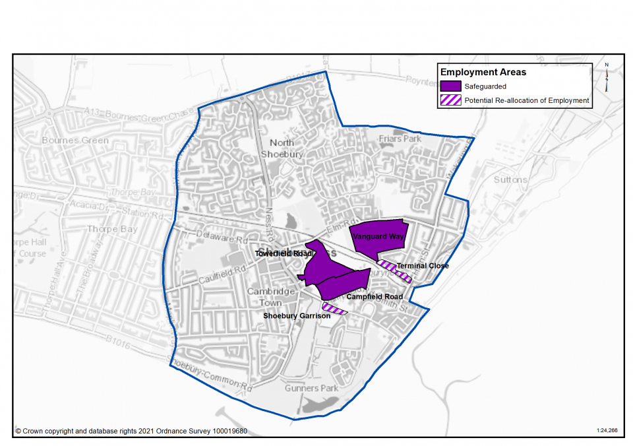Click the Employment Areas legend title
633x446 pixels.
tap(483, 72)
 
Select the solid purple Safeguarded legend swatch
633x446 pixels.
tap(450, 86)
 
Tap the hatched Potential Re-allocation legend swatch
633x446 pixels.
tap(450, 100)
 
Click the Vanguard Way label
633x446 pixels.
tap(377, 236)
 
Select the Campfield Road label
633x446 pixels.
tap(375, 297)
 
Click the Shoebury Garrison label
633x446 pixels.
tap(297, 316)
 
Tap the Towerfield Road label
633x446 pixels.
tap(284, 253)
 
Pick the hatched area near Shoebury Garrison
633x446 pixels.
tap(334, 308)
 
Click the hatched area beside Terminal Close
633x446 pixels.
tap(394, 271)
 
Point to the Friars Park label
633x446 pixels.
tap(400, 139)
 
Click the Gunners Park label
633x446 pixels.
tap(311, 388)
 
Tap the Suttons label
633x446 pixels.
tap(510, 179)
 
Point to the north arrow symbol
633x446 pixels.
tap(606, 77)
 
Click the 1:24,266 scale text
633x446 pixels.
tap(607, 430)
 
